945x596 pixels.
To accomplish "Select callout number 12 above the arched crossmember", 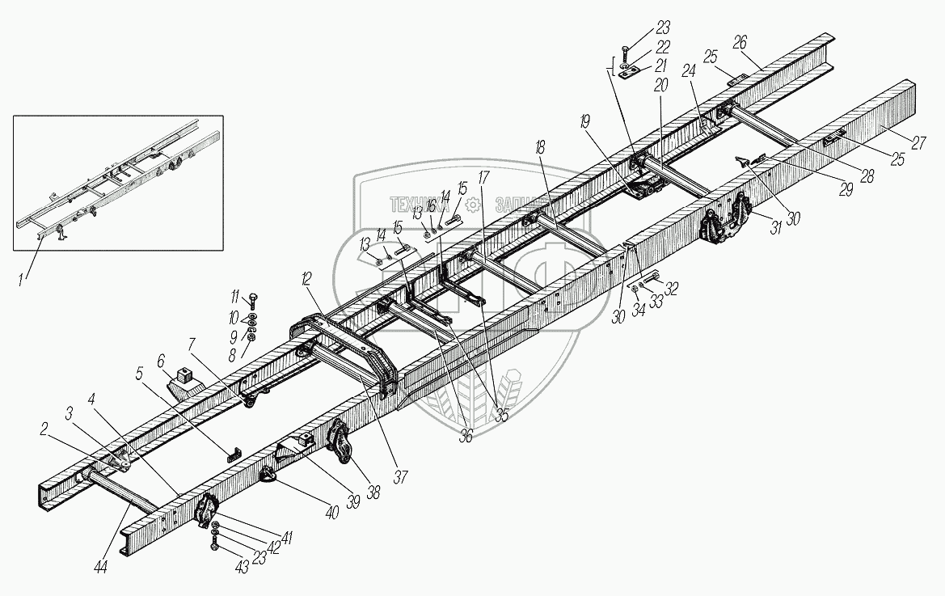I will click(x=305, y=281).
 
